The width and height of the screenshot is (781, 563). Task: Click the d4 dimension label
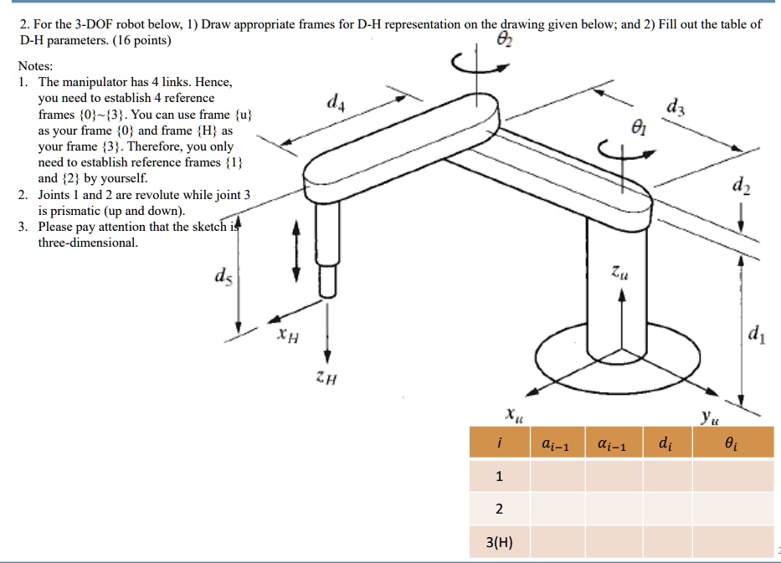coord(335,105)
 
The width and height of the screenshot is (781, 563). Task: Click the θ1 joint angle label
coord(639,128)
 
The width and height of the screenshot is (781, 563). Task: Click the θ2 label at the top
coord(502,39)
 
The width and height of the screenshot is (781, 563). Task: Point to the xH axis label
coord(287,336)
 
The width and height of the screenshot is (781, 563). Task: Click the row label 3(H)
coord(499,542)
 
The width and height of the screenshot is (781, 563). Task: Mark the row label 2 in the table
coord(499,509)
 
